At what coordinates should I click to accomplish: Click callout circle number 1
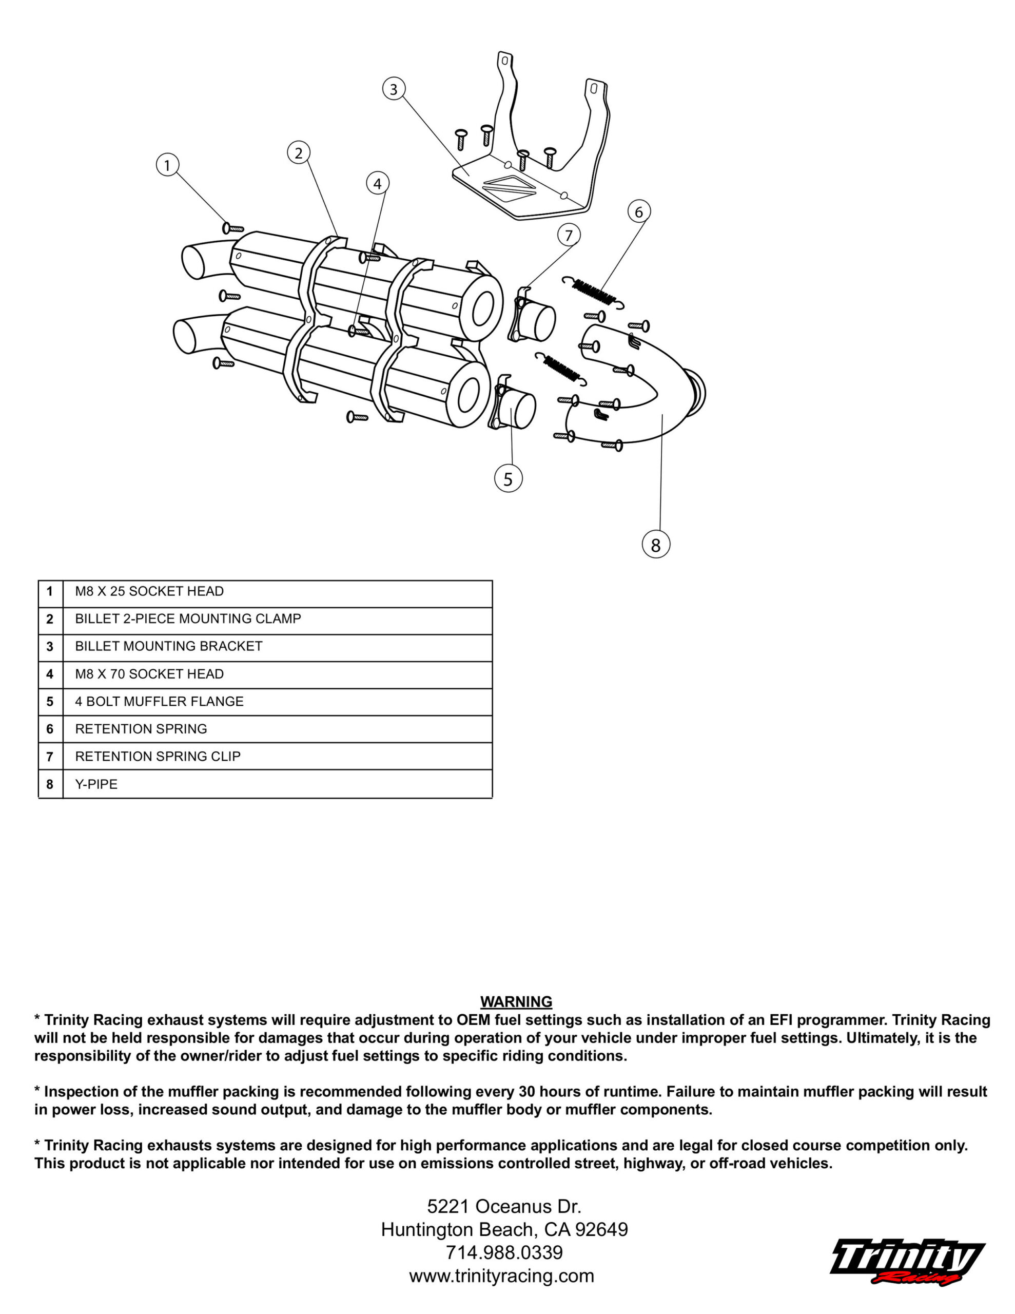(x=167, y=165)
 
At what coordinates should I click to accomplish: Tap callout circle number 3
(x=394, y=89)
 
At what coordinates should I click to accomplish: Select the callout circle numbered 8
(x=655, y=545)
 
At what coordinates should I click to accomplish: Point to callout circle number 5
(x=508, y=479)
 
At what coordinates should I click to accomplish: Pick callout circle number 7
(x=569, y=235)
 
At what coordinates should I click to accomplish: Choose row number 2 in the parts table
(x=50, y=619)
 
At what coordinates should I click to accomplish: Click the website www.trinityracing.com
(x=501, y=1276)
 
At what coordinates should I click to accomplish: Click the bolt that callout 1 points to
(x=232, y=228)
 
